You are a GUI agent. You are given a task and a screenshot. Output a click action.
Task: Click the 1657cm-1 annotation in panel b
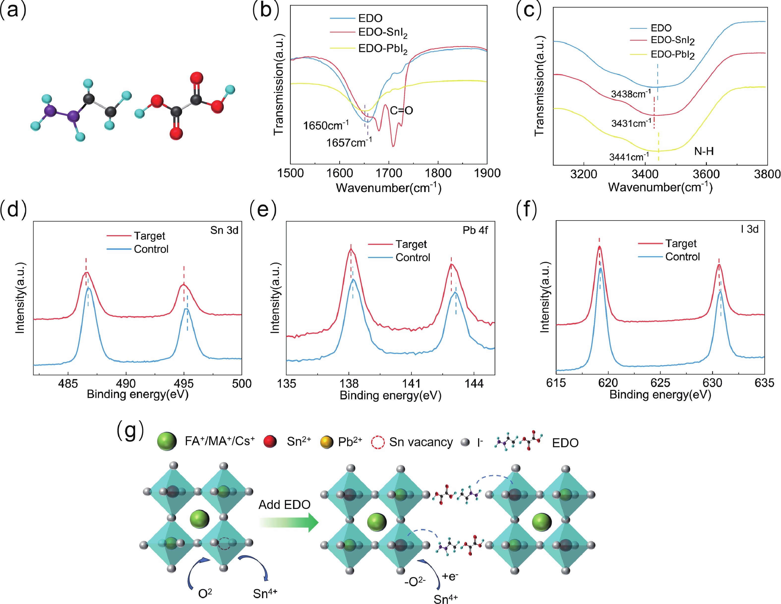pos(349,143)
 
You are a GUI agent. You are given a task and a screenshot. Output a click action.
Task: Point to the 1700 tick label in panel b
pos(389,173)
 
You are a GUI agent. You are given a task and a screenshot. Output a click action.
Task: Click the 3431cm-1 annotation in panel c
pos(631,123)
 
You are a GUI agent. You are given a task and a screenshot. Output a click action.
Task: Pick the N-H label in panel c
pos(704,151)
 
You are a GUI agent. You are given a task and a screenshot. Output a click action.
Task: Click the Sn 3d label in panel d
pos(224,230)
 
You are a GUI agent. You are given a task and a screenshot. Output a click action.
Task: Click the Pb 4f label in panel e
pos(475,230)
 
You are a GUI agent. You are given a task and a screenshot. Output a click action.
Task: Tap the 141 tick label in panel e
pos(411,383)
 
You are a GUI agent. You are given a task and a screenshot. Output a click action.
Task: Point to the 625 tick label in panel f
pos(660,383)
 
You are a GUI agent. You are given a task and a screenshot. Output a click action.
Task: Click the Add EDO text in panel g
pos(284,504)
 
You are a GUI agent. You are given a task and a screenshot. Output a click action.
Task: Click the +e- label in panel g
pos(450,576)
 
